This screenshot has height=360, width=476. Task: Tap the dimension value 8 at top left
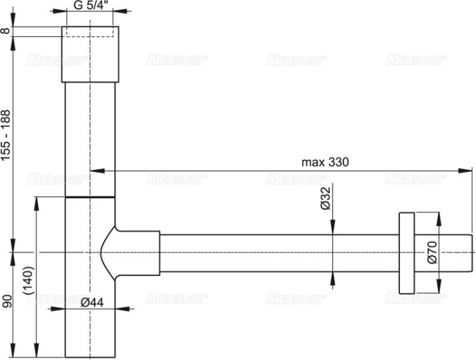pos(6,31)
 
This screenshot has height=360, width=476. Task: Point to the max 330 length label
pos(326,162)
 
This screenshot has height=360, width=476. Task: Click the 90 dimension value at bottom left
pos(6,301)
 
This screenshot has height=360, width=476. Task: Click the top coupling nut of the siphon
pos(89,54)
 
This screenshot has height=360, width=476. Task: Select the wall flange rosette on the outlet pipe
pos(406,252)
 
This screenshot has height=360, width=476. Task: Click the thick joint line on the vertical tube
pos(89,197)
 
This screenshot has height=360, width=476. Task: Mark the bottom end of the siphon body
pos(89,356)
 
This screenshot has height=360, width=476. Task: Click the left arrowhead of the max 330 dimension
pos(94,170)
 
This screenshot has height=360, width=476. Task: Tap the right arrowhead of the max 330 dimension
pos(469,170)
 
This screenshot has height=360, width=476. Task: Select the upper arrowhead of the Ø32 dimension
pos(333,230)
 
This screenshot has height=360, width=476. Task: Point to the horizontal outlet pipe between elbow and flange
pos(279,252)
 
